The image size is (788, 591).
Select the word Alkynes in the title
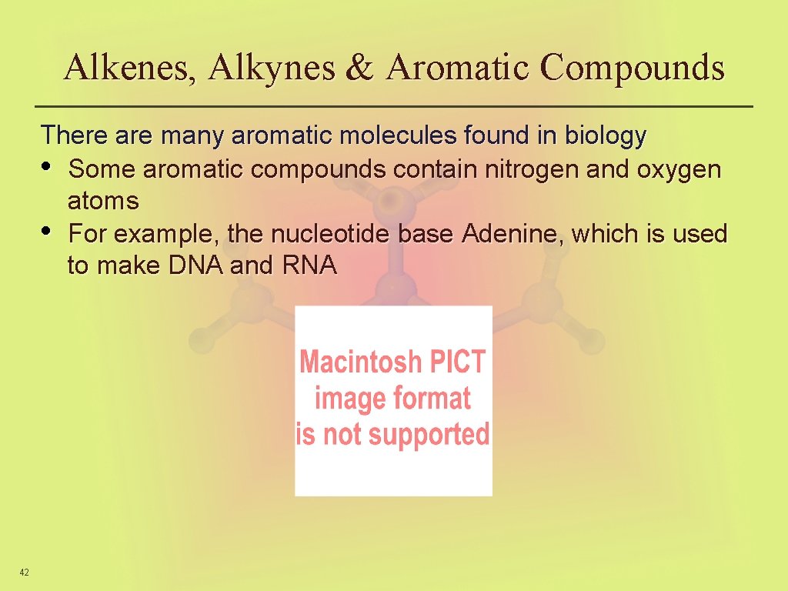coord(272,68)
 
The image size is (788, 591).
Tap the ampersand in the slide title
coord(359,68)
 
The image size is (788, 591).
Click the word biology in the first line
coord(606,136)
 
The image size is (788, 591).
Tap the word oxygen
coord(679,169)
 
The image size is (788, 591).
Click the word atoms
coord(103,202)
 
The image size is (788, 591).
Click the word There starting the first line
coord(75,136)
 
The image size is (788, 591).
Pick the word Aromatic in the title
coord(459,68)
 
